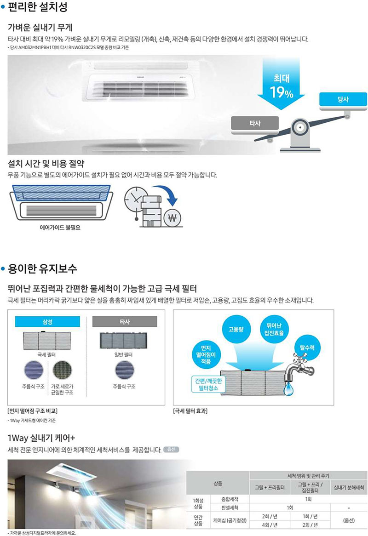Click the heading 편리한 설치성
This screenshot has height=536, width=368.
[x=38, y=7]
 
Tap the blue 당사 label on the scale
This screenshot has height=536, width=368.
[x=343, y=99]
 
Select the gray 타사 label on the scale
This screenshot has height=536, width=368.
[x=255, y=123]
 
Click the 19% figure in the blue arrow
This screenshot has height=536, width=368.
[x=281, y=92]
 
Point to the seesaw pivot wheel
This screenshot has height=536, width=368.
[x=300, y=127]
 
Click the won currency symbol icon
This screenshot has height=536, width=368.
[x=172, y=218]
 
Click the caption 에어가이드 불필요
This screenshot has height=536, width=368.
[x=60, y=228]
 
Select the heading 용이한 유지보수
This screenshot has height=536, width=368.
[x=42, y=268]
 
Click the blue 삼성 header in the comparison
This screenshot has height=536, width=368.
[x=47, y=322]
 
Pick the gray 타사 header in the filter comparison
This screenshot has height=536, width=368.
[x=125, y=322]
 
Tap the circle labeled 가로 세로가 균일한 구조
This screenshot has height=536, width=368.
[x=62, y=370]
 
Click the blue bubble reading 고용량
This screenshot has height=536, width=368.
[x=236, y=329]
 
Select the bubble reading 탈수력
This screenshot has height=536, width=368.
[x=307, y=348]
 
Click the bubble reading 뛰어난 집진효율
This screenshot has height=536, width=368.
[x=274, y=329]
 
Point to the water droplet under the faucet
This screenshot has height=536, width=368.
[x=288, y=388]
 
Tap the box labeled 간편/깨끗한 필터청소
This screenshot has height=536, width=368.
[x=208, y=384]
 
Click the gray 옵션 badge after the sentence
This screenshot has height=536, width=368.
[x=171, y=449]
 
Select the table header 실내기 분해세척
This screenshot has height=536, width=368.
[x=349, y=487]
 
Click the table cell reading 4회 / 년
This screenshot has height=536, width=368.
[x=270, y=525]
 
